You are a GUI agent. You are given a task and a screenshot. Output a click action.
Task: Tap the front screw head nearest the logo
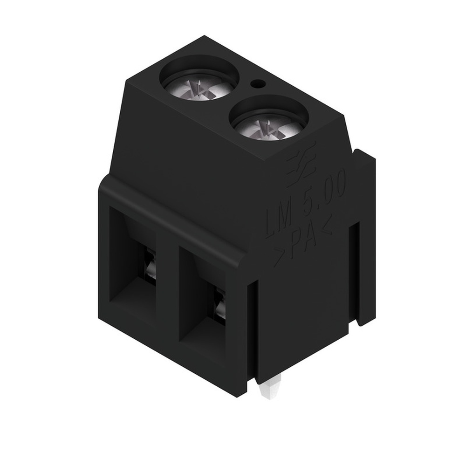pyautogui.click(x=269, y=126)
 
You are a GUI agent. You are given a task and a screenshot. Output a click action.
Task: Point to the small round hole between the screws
pyautogui.click(x=256, y=84)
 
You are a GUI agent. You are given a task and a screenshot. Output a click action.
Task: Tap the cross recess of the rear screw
pyautogui.click(x=199, y=87)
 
